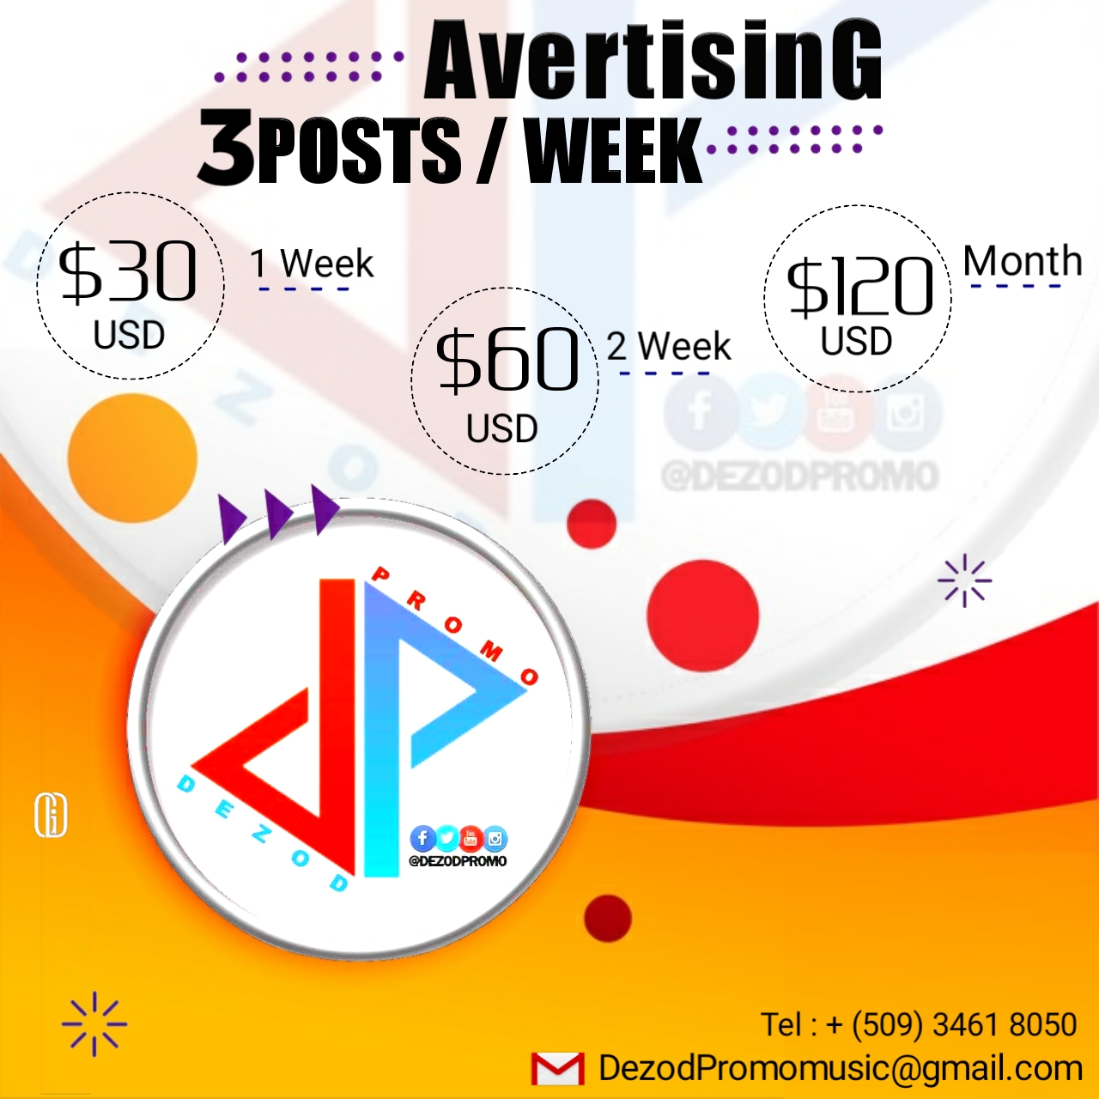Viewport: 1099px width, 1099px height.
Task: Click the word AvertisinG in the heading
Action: coord(653,62)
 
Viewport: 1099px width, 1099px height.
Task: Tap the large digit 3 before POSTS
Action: coord(227,148)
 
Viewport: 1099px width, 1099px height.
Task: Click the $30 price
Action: coord(128,271)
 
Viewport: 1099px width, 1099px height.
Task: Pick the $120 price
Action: coord(859,286)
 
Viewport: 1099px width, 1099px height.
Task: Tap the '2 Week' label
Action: coord(668,346)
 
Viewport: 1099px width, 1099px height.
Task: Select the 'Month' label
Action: coord(1023,260)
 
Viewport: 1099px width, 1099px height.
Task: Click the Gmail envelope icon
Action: coord(557,1068)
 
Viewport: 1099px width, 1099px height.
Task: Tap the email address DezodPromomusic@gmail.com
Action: coord(840,1067)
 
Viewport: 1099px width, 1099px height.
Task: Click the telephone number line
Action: coord(919,1023)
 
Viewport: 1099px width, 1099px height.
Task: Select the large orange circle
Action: coord(132,458)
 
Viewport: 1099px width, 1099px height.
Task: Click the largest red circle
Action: coord(702,616)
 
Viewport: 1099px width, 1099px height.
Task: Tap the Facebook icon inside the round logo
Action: coord(422,838)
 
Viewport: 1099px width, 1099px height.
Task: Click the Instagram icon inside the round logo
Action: coord(495,839)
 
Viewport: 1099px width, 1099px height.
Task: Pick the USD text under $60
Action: coord(502,428)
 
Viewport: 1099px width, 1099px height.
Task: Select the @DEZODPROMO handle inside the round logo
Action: coord(458,860)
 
